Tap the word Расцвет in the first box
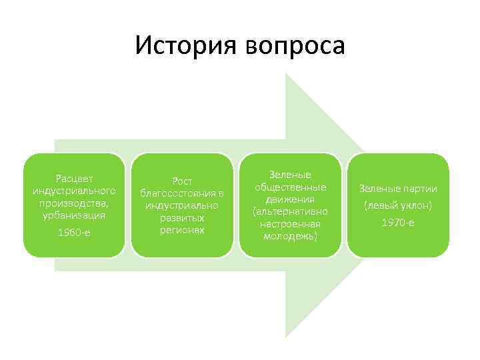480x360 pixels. pos(74,179)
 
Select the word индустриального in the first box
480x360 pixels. pos(74,191)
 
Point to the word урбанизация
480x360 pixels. pos(74,216)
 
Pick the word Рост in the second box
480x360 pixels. pos(182,181)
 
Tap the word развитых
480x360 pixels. pos(182,218)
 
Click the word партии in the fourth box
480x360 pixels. pos(419,188)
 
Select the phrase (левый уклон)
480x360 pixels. pos(398,205)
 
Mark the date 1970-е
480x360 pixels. pos(398,222)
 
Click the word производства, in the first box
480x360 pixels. pos(74,203)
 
